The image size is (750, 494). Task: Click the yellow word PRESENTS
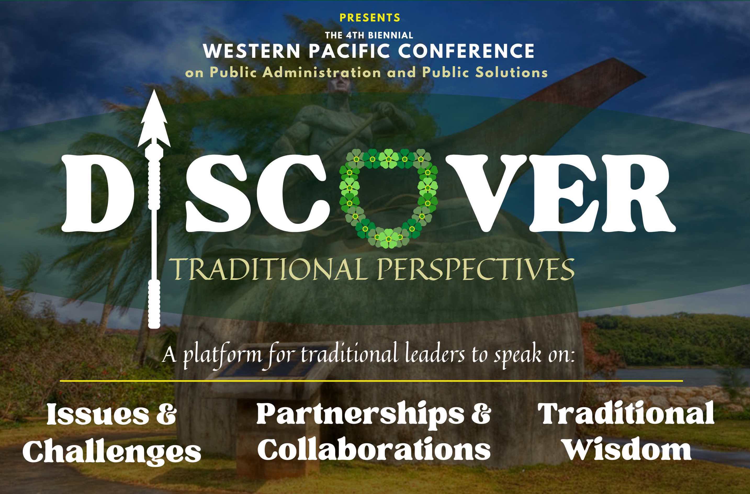[x=370, y=18]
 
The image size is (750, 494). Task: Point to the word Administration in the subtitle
[x=322, y=72]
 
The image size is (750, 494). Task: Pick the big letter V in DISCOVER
[x=481, y=193]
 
